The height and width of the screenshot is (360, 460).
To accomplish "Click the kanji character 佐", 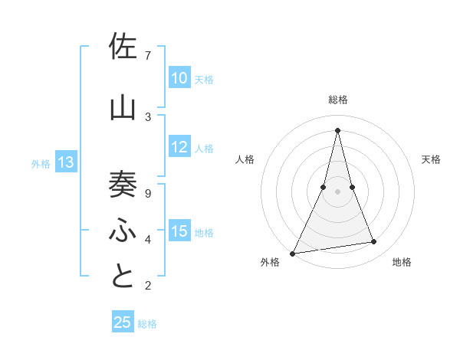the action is pos(123,47).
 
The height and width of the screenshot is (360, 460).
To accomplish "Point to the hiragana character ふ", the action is pos(123,230).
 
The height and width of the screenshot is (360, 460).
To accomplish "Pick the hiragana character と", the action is pos(123,277).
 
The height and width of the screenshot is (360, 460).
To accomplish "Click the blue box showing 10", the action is pos(179,77).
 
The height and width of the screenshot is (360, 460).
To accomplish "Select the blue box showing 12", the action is pos(179,147).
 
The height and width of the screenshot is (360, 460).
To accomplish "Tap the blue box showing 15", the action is pos(179,232).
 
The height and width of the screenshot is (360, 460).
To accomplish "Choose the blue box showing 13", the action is pos(66,162).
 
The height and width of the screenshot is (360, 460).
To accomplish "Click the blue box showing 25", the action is pos(123,322).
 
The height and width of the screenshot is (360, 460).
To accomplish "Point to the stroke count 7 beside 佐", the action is pos(148,56).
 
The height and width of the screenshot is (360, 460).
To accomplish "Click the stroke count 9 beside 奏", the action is pos(148,194).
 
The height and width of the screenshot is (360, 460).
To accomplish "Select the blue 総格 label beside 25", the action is pos(147,324).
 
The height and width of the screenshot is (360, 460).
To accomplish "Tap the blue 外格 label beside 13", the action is pos(41,163).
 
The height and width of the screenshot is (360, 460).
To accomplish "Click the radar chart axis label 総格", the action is pos(337,100).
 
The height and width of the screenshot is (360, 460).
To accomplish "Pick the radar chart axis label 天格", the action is pos(431,159).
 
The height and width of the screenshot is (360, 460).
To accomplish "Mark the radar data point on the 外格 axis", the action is pos(292,254).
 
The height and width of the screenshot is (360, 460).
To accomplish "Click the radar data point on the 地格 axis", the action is pos(374,242).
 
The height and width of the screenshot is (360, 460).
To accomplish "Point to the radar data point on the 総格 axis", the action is pos(337,129).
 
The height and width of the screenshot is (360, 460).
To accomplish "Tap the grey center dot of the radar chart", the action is pos(337,191).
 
